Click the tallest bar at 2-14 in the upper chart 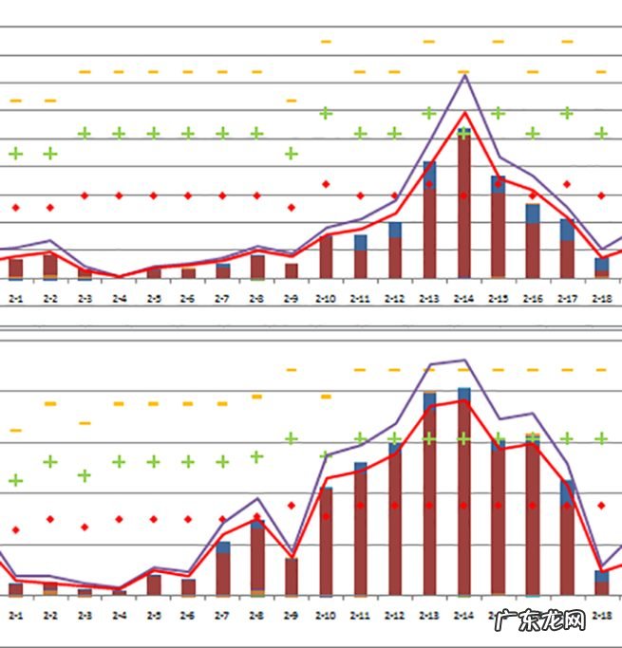pos(463,204)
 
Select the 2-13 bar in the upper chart pos(429,220)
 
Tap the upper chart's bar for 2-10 pos(326,256)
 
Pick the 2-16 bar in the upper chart pos(533,241)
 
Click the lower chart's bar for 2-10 pos(326,541)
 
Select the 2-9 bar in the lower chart pos(292,577)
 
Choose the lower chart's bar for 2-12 pos(395,521)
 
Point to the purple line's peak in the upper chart pos(464,74)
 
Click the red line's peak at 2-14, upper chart pos(464,112)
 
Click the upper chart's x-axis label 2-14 pos(463,298)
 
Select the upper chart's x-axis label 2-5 pos(154,298)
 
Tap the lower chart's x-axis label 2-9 pos(292,615)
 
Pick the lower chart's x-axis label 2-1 pos(16,615)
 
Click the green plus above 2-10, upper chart pos(326,113)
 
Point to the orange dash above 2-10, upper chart pos(326,42)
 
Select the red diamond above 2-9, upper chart pos(292,207)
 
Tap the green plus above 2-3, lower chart pos(85,474)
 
